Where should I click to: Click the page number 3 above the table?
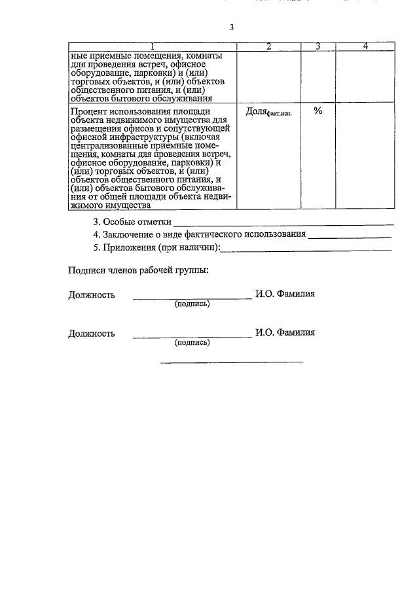point(231,27)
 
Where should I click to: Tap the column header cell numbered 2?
point(268,46)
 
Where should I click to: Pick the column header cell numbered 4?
point(365,46)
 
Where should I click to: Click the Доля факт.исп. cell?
point(268,112)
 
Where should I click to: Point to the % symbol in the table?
point(318,111)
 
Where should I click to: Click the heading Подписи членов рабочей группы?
point(139,271)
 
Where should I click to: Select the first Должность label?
point(92,295)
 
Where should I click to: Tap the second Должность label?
point(92,333)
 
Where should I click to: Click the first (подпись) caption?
point(192,304)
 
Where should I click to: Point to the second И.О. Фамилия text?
point(285,332)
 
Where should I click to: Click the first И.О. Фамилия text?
point(285,294)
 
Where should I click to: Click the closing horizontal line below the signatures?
point(232,362)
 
